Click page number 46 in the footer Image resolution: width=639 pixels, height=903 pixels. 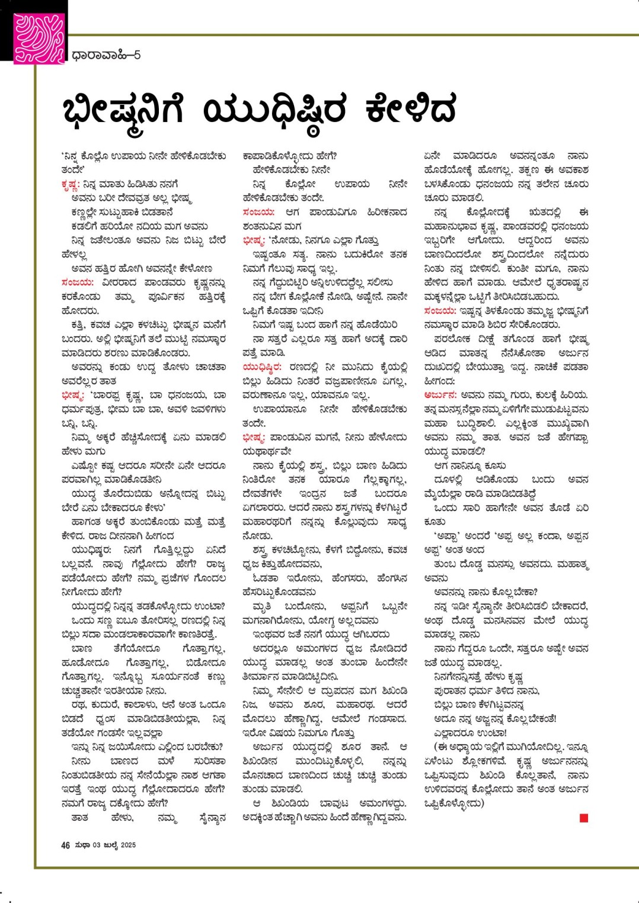pos(65,845)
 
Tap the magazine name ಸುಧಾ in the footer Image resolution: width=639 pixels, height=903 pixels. pos(82,845)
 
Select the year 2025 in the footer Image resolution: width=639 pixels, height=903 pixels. pos(128,845)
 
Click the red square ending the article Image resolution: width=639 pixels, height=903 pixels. pos(584,818)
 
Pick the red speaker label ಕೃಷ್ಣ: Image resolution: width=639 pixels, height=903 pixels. pos(70,184)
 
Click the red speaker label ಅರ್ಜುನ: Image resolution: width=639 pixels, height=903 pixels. pos(440,395)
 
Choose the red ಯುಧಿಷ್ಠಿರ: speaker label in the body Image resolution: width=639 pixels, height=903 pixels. pos(261,367)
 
